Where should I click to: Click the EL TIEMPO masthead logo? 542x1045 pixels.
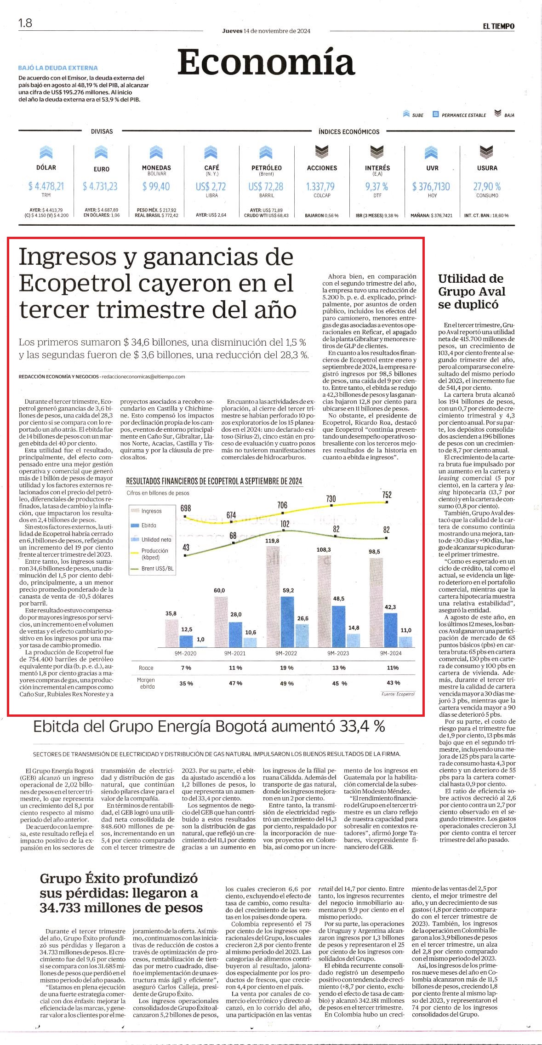point(498,27)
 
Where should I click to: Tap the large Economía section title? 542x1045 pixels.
point(266,62)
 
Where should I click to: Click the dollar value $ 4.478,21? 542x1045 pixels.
point(46,186)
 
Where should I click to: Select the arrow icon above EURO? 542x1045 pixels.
point(101,152)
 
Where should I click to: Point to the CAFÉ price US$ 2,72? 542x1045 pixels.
point(211,187)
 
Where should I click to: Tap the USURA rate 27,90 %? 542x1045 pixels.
point(487,187)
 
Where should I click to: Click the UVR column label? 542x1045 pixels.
point(432,168)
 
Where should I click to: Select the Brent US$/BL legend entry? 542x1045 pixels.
point(153,569)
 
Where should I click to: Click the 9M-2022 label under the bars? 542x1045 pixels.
point(286,653)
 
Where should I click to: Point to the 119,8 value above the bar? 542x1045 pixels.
point(272,541)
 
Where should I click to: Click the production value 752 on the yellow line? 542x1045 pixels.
point(387,495)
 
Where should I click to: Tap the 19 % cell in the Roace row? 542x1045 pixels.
point(287,668)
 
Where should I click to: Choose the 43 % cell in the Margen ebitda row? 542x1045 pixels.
point(394,683)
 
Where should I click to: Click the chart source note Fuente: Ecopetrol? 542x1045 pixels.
point(398,694)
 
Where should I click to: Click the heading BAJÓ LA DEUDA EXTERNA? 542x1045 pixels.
point(58,68)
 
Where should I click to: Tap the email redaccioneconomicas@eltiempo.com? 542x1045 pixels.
point(143,377)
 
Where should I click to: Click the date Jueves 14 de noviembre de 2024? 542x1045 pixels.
point(266,31)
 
